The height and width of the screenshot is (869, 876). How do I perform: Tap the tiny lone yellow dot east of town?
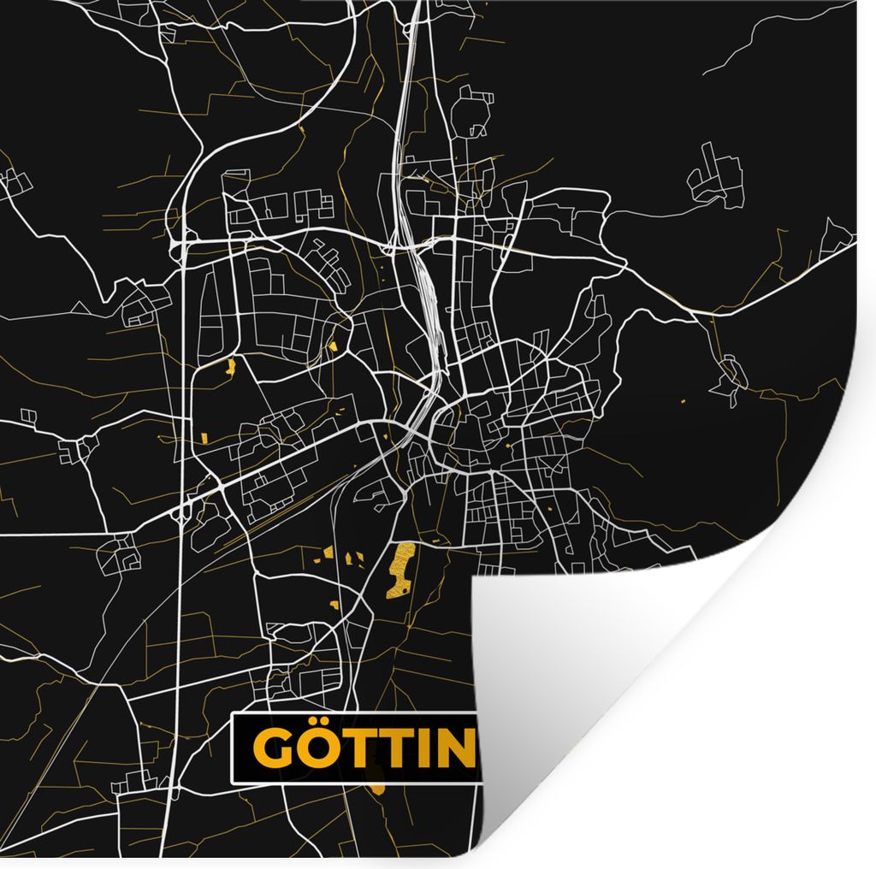click(x=683, y=401)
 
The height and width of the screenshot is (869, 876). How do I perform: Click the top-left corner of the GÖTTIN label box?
click(x=234, y=715)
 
